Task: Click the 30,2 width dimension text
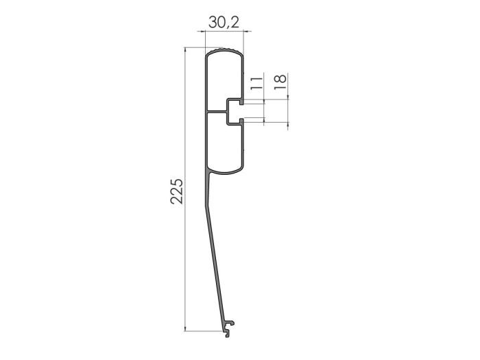point(224,23)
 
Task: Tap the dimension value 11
point(255,84)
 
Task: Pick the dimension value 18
point(279,81)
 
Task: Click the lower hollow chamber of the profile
point(223,147)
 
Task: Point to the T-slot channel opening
point(235,112)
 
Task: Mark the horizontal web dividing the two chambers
point(216,112)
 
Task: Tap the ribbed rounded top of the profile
point(224,51)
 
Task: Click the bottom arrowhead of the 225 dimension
point(187,335)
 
